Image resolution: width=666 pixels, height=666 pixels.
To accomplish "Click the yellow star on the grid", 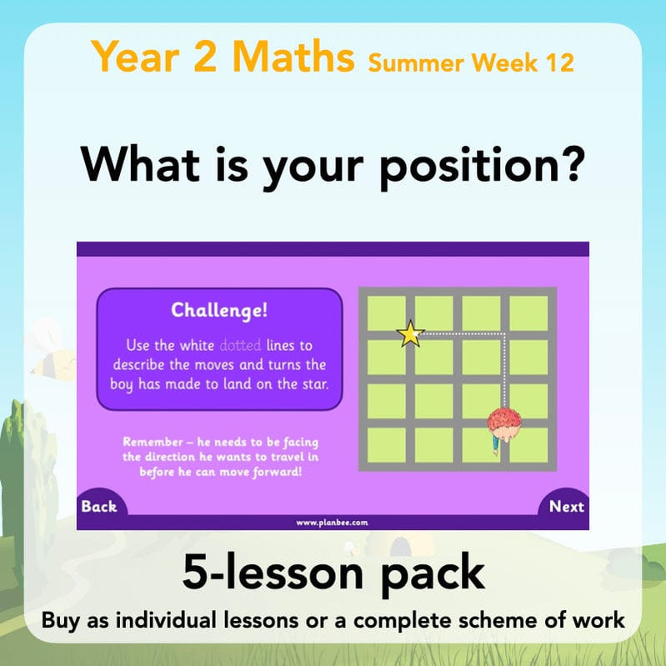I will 410,334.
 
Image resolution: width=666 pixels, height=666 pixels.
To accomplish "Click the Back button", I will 99,506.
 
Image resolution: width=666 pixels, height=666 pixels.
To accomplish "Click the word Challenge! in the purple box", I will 220,311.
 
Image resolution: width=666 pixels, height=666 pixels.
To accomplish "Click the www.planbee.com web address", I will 333,523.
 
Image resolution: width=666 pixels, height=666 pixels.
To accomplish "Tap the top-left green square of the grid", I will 386,313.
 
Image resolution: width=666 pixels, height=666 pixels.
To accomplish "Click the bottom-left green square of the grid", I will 386,445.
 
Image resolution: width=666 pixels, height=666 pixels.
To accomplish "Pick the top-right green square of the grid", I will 528,313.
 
